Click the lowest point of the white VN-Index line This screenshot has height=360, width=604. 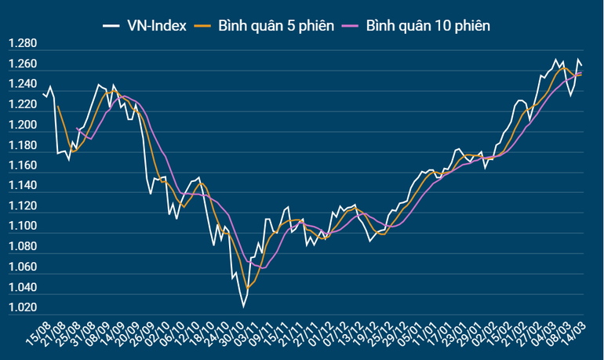pyautogui.click(x=243, y=307)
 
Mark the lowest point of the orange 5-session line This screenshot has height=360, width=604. pyautogui.click(x=248, y=288)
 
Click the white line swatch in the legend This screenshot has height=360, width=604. pyautogui.click(x=110, y=26)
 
